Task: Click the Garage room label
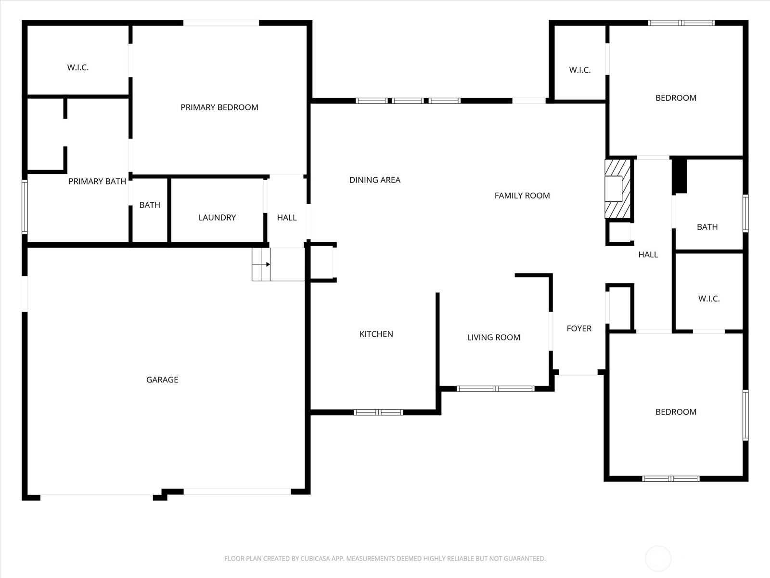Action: pos(162,380)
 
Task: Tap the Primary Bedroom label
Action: pos(219,107)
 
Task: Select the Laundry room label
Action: pos(217,218)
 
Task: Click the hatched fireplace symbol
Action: pos(617,189)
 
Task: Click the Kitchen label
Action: pos(376,334)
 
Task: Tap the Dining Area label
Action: pos(374,180)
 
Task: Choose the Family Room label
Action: pos(522,196)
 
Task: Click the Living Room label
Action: pos(493,338)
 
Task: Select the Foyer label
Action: pos(579,328)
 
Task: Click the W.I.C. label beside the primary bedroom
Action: pos(77,67)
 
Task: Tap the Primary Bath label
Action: pos(97,182)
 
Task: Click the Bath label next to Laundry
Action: pos(150,205)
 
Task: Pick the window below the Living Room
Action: pos(495,388)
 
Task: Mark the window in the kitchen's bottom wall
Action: pos(378,412)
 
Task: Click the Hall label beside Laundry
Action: pos(286,218)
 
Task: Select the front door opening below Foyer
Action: pos(577,373)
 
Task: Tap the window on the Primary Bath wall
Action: pos(25,207)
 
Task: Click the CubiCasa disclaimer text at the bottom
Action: pos(385,559)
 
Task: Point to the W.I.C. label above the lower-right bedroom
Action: pos(708,299)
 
